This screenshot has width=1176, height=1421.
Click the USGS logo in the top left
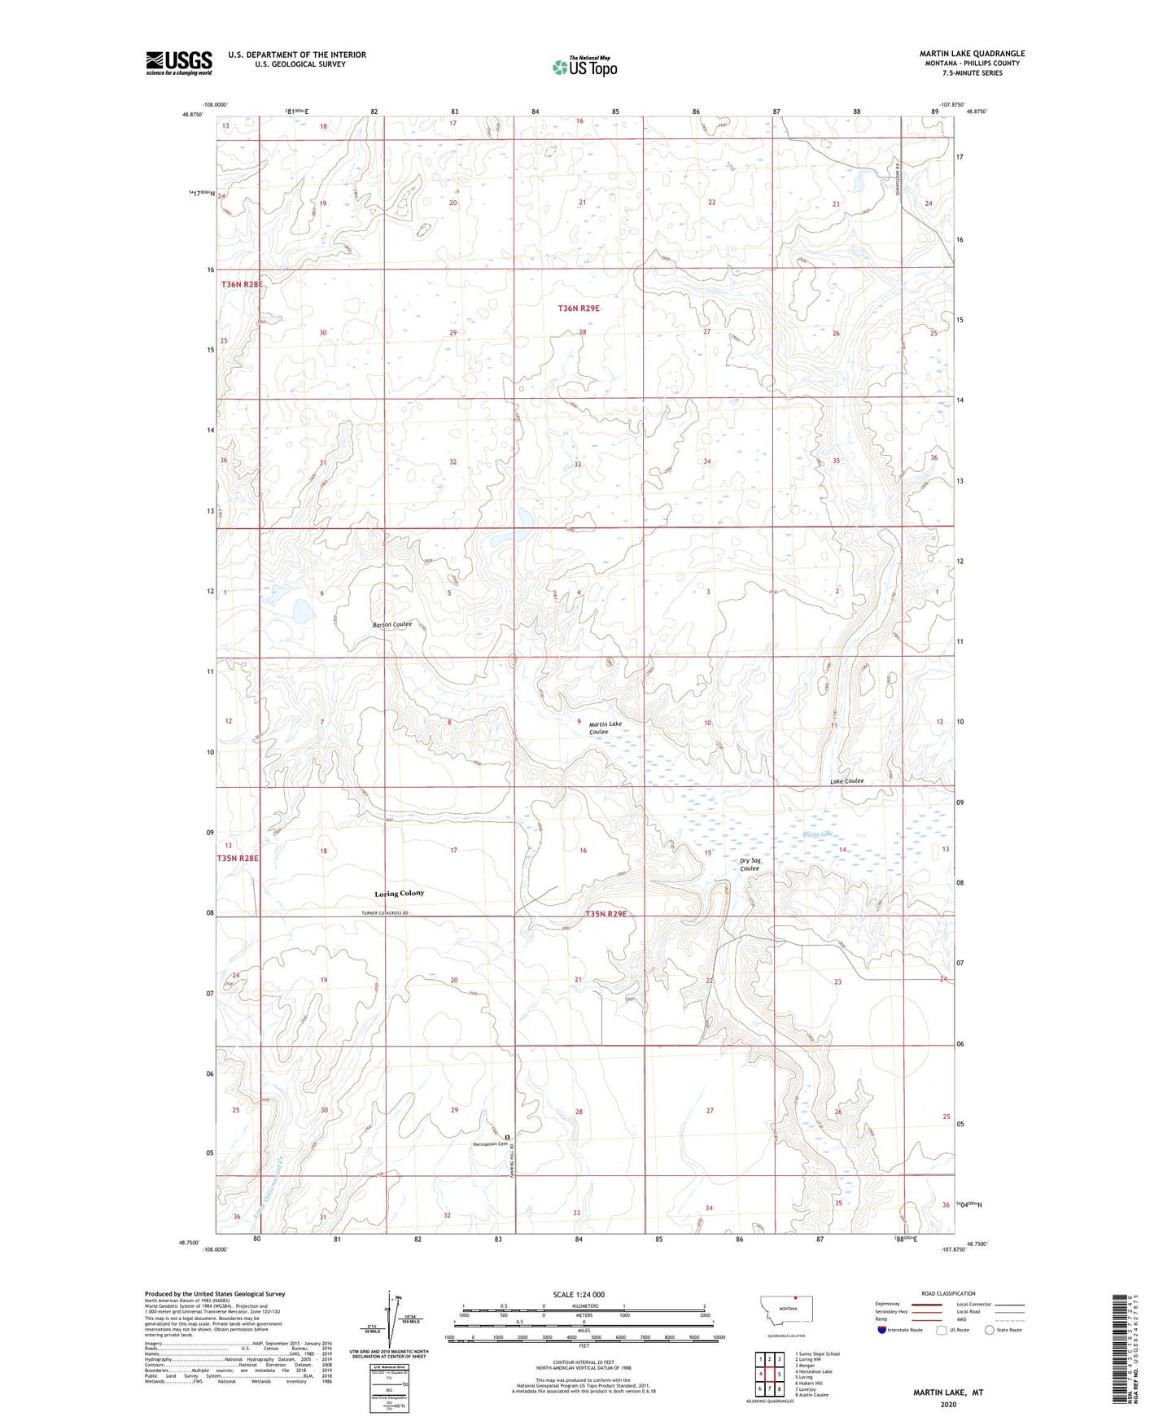point(179,63)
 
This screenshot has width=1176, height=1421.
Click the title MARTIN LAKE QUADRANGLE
point(972,54)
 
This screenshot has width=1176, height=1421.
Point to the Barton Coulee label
point(392,625)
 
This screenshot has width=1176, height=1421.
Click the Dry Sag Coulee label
point(750,864)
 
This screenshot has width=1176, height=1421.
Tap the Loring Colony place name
point(399,894)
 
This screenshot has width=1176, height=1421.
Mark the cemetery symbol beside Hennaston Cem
point(507,1136)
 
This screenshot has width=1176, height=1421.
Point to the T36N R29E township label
point(579,308)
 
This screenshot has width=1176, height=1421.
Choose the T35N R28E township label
point(238,859)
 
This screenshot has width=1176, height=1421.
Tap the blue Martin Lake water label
point(818,834)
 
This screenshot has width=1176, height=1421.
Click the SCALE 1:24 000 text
point(579,1295)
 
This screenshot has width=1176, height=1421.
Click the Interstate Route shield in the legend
point(882,1330)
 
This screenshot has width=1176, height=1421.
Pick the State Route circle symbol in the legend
point(990,1330)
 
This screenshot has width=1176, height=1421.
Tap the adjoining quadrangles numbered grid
point(769,1374)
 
